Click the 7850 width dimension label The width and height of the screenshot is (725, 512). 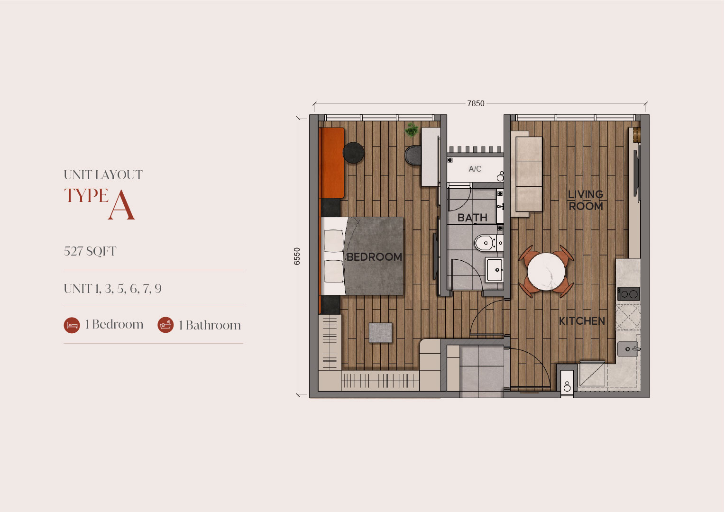pyautogui.click(x=476, y=103)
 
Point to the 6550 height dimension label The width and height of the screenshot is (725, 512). pyautogui.click(x=297, y=256)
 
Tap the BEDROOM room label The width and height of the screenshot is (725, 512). pyautogui.click(x=374, y=257)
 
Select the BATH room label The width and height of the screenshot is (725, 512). pyautogui.click(x=472, y=218)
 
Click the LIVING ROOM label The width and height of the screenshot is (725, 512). pyautogui.click(x=586, y=201)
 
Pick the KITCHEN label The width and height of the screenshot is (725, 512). pyautogui.click(x=582, y=321)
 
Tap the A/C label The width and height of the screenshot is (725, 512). pyautogui.click(x=475, y=169)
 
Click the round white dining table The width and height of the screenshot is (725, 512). pyautogui.click(x=546, y=272)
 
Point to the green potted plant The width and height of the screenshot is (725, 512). pyautogui.click(x=412, y=129)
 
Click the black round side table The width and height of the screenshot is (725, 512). pyautogui.click(x=353, y=153)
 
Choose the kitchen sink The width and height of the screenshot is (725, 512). pyautogui.click(x=628, y=349)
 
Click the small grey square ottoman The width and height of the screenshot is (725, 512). pyautogui.click(x=380, y=332)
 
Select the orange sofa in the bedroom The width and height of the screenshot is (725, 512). pyautogui.click(x=332, y=163)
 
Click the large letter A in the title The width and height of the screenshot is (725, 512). pyautogui.click(x=121, y=205)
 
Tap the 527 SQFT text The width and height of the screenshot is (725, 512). pyautogui.click(x=90, y=251)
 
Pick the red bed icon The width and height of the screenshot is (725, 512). pyautogui.click(x=72, y=325)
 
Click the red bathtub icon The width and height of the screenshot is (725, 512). pyautogui.click(x=165, y=325)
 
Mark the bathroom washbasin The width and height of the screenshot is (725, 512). pyautogui.click(x=495, y=270)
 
